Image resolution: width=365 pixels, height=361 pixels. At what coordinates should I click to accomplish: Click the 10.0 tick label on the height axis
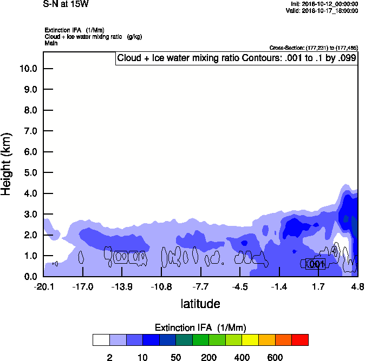28,69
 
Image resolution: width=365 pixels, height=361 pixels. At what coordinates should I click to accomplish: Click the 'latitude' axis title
200,304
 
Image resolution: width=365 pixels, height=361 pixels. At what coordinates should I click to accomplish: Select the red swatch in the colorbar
300,339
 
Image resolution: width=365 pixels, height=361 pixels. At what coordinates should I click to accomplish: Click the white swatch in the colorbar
101,339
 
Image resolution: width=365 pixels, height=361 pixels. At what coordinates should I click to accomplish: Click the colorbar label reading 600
275,357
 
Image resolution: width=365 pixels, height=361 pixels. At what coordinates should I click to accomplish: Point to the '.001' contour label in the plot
315,264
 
